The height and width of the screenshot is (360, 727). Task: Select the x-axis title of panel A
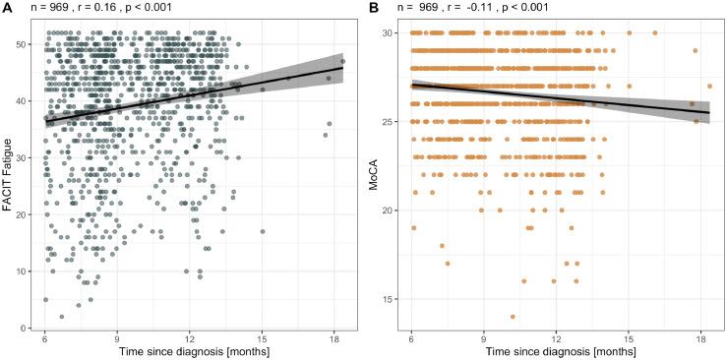tap(193, 351)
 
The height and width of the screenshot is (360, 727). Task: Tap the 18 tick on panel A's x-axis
tap(335, 337)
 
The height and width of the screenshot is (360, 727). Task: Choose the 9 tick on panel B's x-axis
tap(482, 337)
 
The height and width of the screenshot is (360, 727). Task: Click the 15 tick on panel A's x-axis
tap(263, 337)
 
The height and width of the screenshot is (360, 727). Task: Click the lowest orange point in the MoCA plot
tap(513, 317)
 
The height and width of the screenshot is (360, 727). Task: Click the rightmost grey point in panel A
tap(342, 61)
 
